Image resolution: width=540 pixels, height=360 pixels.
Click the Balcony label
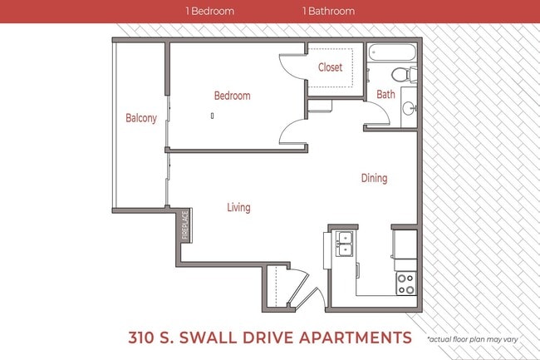[x=140, y=118]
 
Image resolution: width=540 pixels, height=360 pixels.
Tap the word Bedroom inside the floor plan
[x=232, y=96]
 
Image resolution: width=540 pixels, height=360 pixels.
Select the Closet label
[x=330, y=68]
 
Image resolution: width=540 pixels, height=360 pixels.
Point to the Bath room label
[x=385, y=94]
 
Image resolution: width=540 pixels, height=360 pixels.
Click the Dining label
[x=374, y=178]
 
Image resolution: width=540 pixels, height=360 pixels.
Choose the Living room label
[x=238, y=207]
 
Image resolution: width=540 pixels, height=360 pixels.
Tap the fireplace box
[x=184, y=224]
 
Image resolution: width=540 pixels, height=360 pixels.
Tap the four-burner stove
[x=405, y=284]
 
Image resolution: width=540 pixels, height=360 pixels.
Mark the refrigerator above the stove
[x=405, y=244]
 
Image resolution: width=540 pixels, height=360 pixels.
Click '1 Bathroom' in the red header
[x=328, y=12]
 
